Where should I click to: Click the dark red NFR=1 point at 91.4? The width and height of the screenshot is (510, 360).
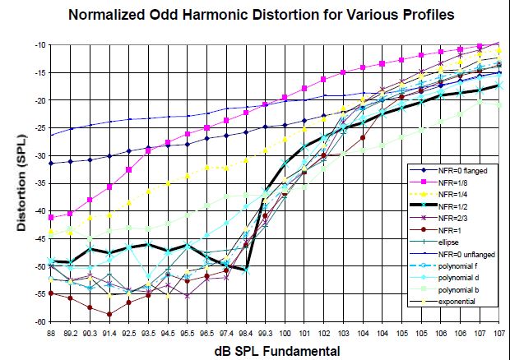[x=109, y=314]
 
